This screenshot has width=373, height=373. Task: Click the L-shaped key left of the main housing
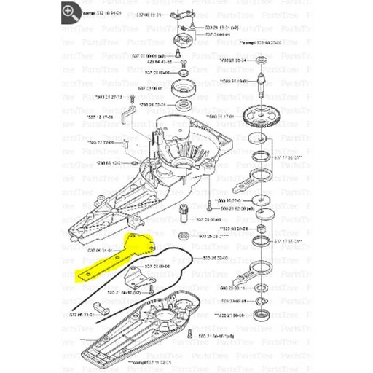pos(127,111)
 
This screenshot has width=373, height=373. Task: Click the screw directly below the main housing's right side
pos(209,199)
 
